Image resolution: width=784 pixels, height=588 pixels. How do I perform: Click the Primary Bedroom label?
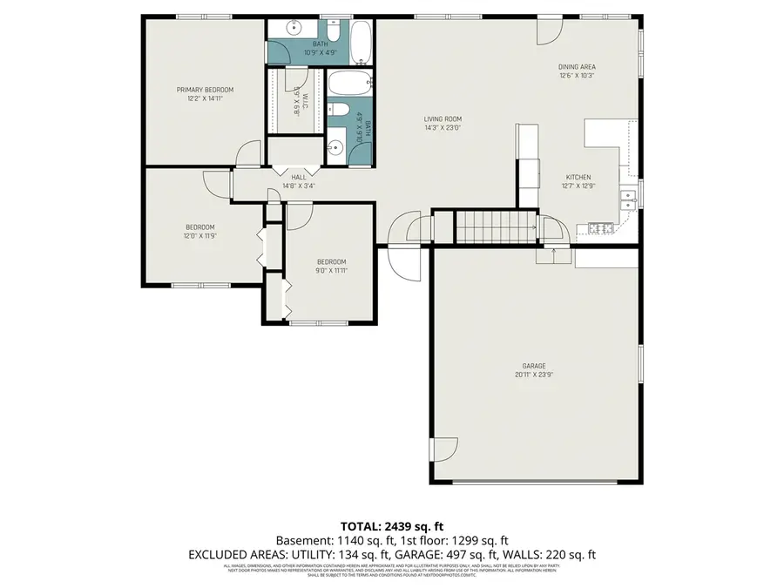tap(205, 90)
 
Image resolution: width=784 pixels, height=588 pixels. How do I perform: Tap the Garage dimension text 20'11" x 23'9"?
tap(535, 375)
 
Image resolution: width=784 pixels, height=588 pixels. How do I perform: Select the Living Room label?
tap(443, 119)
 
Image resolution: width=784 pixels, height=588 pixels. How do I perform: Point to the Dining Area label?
tap(577, 66)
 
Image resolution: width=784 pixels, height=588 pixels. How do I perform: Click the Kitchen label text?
tap(578, 176)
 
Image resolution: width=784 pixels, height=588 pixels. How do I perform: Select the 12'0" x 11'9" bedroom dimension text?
tap(199, 235)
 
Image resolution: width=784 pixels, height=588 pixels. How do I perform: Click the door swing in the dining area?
tap(547, 30)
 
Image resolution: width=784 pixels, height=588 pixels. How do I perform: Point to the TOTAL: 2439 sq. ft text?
tap(391, 526)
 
